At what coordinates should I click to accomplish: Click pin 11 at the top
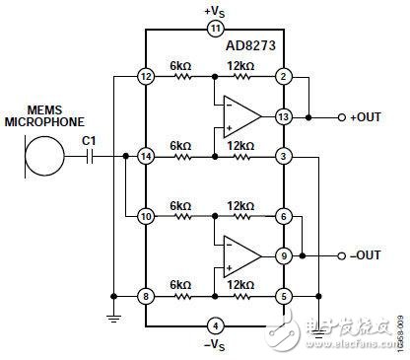(x=216, y=30)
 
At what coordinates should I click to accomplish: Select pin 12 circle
(x=146, y=76)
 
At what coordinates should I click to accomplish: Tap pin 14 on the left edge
(x=146, y=156)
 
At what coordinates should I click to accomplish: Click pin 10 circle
(x=146, y=214)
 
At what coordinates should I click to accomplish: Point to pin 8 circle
(x=146, y=294)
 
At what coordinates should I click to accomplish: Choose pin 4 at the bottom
(x=216, y=324)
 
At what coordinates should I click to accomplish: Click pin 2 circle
(x=283, y=76)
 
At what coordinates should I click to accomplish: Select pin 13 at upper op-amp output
(x=283, y=116)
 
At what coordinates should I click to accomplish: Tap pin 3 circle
(x=283, y=156)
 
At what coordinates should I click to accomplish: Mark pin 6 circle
(x=283, y=214)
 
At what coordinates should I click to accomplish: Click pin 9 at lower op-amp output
(x=283, y=254)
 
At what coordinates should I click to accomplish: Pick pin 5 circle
(x=283, y=294)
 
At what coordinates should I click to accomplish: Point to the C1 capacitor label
(x=90, y=139)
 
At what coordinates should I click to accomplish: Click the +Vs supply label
(x=216, y=11)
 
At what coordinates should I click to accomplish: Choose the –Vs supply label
(x=216, y=344)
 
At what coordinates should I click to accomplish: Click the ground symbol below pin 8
(x=113, y=317)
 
